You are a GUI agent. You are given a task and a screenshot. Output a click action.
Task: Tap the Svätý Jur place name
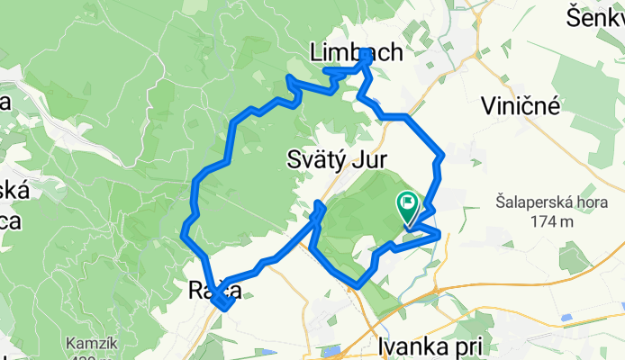click(x=337, y=160)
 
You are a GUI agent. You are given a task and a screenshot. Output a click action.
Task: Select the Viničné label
click(x=521, y=105)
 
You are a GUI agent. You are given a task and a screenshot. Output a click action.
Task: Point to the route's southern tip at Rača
click(x=222, y=309)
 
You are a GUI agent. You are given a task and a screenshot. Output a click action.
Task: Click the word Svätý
click(x=317, y=160)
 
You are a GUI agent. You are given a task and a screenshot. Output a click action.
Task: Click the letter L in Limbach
click(x=315, y=53)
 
